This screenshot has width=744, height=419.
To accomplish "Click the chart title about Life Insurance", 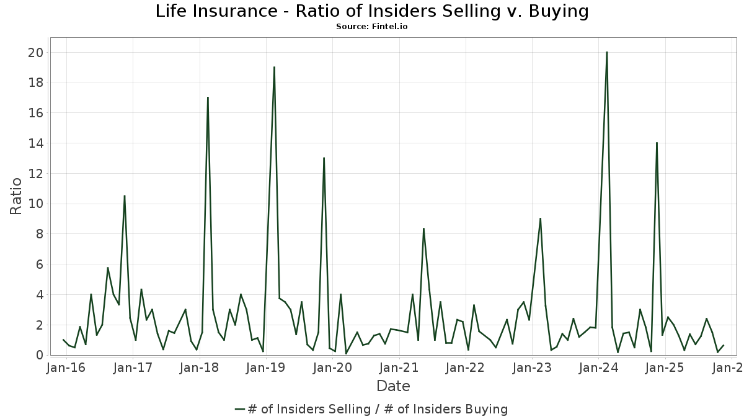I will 372,11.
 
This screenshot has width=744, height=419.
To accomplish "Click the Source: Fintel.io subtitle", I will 372,27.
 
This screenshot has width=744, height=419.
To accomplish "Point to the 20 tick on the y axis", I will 35,53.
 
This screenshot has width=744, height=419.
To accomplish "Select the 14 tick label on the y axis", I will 35,143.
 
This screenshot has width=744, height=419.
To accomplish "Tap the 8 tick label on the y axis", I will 39,235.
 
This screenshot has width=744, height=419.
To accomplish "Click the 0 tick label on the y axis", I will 39,355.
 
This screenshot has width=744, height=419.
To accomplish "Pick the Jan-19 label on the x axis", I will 265,367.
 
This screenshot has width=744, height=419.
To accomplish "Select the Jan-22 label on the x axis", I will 465,367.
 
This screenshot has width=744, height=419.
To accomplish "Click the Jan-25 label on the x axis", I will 665,367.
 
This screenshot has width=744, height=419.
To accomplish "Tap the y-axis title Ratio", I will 16,196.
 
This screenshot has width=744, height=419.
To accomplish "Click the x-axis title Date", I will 393,386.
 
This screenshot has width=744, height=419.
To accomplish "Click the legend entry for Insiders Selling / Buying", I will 372,409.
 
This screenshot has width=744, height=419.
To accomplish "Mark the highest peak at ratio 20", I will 606,52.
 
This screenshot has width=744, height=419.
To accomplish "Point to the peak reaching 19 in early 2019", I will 274,67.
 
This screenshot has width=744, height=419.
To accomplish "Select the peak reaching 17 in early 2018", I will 208,97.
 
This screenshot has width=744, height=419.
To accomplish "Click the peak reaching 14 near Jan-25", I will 657,143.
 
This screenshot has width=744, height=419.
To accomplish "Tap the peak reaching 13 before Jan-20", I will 324,158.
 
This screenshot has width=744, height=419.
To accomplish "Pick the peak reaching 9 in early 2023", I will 541,219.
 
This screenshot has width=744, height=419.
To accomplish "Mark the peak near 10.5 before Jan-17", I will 125,196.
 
